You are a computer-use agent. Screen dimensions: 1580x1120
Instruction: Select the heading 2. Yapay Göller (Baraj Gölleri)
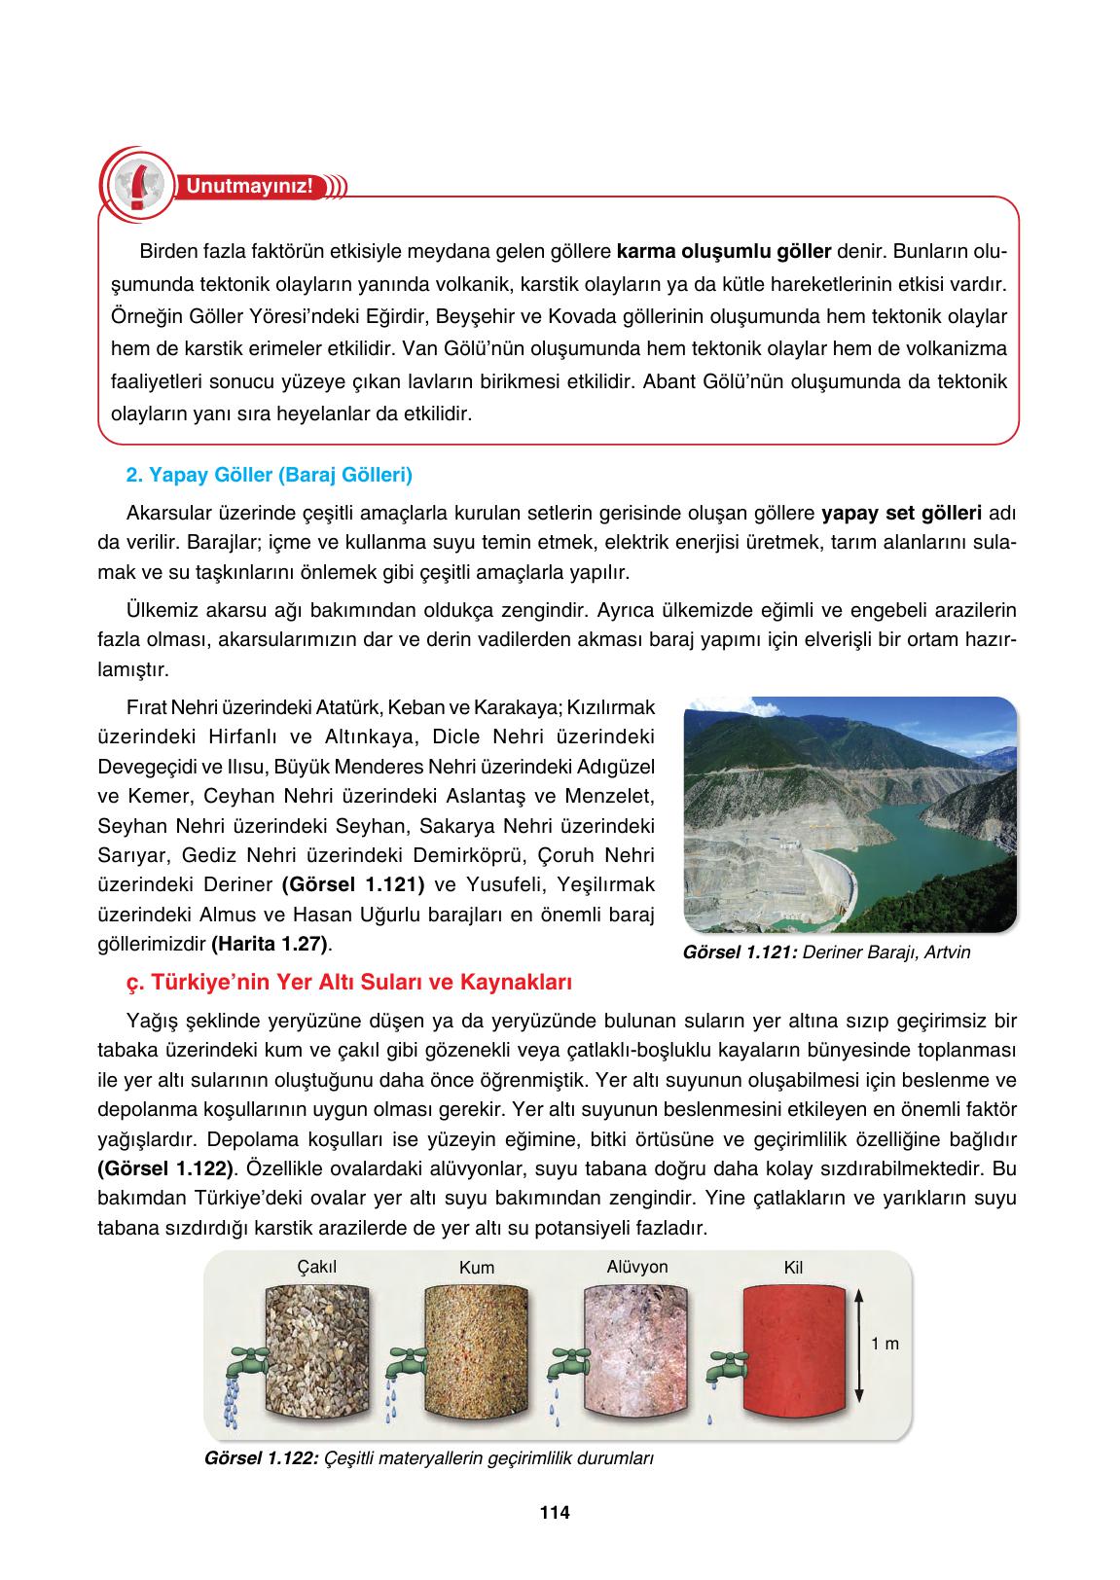coord(270,475)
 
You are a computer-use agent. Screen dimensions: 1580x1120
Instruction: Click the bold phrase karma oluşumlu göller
coord(724,252)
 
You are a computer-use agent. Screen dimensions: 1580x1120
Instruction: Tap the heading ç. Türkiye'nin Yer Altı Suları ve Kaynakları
coord(348,983)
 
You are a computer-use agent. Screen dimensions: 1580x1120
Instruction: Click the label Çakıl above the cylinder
coord(317,1266)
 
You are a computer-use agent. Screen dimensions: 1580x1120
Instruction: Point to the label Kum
coord(477,1268)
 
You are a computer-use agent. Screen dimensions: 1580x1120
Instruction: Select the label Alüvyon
coord(637,1266)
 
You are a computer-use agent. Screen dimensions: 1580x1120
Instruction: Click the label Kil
coord(793,1268)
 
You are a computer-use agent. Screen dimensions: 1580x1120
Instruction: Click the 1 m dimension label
coord(885,1344)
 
